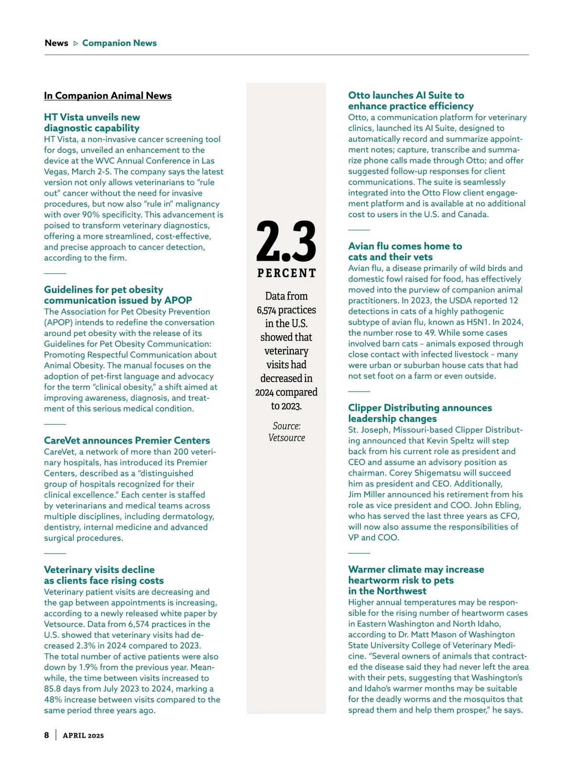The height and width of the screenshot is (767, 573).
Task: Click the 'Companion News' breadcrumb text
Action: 119,43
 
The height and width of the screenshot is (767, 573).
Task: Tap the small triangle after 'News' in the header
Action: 75,43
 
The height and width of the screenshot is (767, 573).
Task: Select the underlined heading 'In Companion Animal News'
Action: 107,96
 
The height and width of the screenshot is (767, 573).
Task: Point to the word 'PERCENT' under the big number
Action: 286,273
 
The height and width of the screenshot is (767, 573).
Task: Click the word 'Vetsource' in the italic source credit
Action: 286,438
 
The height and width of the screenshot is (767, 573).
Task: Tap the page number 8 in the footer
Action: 46,735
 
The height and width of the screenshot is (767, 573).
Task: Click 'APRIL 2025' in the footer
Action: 83,735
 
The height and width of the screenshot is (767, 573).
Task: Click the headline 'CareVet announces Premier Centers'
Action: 127,440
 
